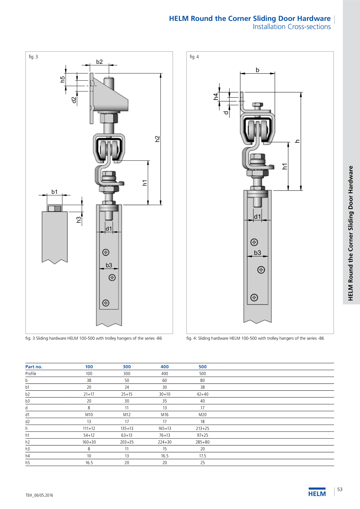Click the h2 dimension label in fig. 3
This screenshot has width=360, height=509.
click(157, 139)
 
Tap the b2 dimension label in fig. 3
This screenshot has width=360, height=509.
click(99, 62)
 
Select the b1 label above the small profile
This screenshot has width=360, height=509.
click(55, 192)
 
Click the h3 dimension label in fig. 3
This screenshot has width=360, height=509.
click(79, 220)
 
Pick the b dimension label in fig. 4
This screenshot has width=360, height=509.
click(257, 70)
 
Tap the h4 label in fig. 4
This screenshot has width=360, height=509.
click(216, 97)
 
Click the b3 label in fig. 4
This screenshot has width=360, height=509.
click(258, 253)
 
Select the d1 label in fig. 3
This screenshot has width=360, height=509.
click(109, 229)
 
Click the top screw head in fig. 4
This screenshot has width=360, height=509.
click(254, 242)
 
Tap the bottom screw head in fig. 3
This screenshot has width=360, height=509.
click(106, 303)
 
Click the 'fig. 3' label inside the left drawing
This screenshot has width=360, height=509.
click(33, 57)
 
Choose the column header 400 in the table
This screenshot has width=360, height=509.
click(165, 367)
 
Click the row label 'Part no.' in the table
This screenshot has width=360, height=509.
click(34, 367)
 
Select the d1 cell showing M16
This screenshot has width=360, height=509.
click(165, 415)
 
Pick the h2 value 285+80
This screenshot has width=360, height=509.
click(203, 442)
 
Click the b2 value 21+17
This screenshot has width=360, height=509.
click(89, 394)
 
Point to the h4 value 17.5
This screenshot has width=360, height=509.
click(203, 456)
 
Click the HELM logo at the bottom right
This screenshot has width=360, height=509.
click(317, 492)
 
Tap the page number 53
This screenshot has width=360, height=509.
click(340, 490)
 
